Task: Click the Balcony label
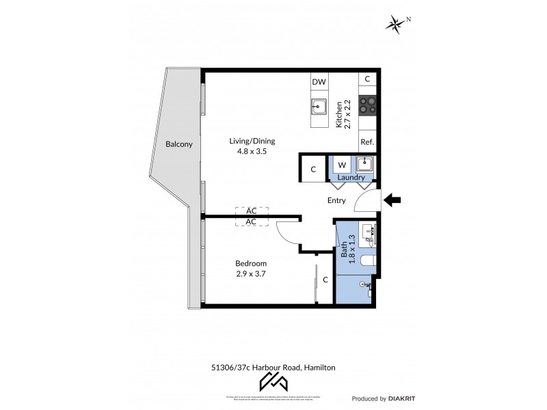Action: coord(179,145)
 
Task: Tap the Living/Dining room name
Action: coord(252,141)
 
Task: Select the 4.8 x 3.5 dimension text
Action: coord(252,152)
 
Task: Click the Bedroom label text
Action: coord(251,263)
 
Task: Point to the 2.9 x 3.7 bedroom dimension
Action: coord(251,273)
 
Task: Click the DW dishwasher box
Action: coord(319,81)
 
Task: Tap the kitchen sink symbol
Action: coord(319,106)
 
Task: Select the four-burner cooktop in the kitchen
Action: coord(367,107)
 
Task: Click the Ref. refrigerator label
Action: coord(367,142)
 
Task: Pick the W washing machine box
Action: coord(342,165)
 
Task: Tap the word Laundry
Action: coord(351,177)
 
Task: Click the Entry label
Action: coord(336,200)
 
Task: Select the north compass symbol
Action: coord(396,25)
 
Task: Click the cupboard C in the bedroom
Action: coord(325,279)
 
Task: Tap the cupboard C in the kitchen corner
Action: coord(367,79)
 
